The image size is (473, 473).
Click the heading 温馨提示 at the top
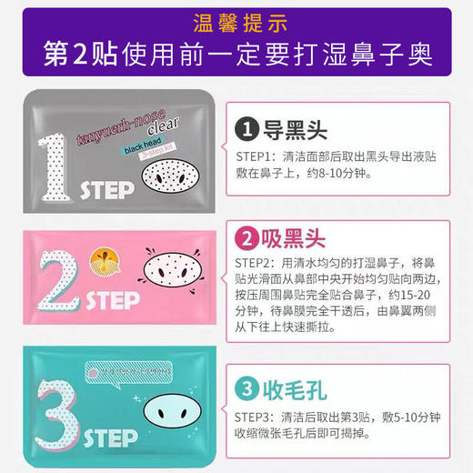pos(236,23)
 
